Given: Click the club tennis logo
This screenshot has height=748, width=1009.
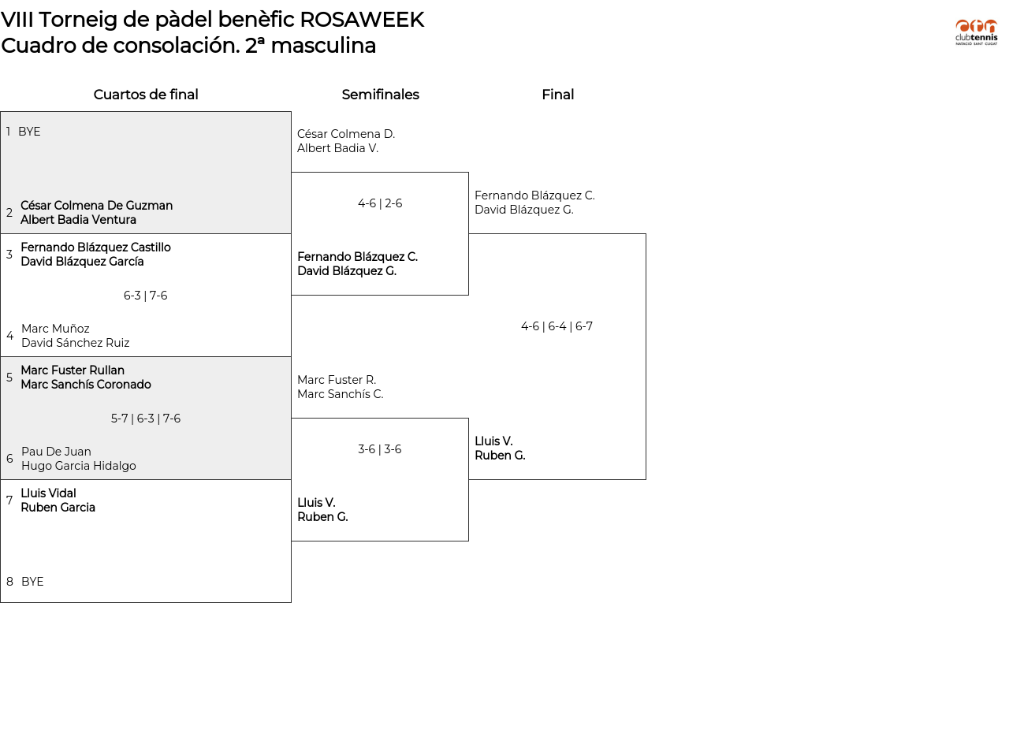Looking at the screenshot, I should [x=976, y=32].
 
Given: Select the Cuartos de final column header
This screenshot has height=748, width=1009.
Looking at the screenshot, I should [x=146, y=95].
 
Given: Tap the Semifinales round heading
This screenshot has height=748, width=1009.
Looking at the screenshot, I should [x=380, y=95].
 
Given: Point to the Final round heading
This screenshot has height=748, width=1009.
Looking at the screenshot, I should [x=557, y=95].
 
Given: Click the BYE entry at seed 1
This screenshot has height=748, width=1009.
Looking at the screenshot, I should [x=29, y=132].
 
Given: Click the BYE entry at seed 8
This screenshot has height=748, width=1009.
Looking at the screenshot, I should [x=32, y=582].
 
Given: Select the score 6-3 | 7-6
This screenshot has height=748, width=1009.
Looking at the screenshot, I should [x=146, y=296].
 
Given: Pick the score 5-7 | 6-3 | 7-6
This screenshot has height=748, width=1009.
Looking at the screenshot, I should [x=146, y=419].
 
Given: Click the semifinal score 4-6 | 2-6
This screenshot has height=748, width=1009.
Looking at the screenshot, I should [x=380, y=203].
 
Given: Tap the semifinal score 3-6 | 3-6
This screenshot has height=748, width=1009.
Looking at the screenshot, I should [x=380, y=449].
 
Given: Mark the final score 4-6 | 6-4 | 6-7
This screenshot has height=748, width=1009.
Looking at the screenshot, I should [x=557, y=326].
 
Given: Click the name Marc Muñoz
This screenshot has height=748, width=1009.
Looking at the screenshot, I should [x=55, y=329].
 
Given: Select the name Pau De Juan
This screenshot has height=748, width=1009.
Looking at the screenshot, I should [x=56, y=452].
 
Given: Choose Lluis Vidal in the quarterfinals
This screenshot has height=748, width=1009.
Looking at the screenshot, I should [x=48, y=493].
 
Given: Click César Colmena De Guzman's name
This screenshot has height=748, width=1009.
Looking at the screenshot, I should [x=96, y=206].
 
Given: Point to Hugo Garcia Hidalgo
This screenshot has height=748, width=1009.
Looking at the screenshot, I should [x=78, y=466].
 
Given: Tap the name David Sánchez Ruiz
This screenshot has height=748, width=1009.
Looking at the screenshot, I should [x=75, y=343].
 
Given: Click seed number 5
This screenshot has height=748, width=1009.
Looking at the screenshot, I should [x=9, y=378].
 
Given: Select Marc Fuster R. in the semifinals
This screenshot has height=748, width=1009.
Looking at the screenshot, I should [x=337, y=380].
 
